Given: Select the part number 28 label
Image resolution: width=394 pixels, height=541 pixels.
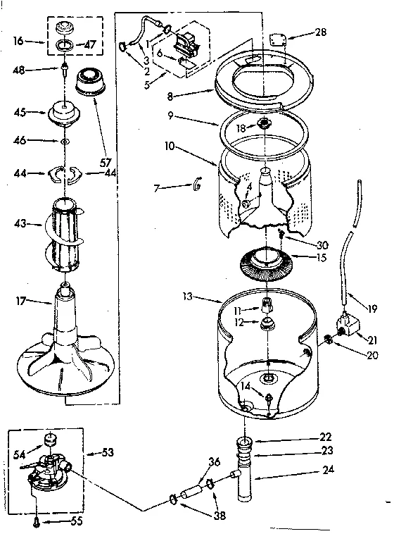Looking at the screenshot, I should click(x=320, y=32).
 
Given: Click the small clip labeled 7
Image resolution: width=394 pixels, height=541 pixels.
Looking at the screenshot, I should click(x=197, y=185).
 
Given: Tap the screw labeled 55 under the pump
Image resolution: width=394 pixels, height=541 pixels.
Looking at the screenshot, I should click(x=36, y=521).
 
